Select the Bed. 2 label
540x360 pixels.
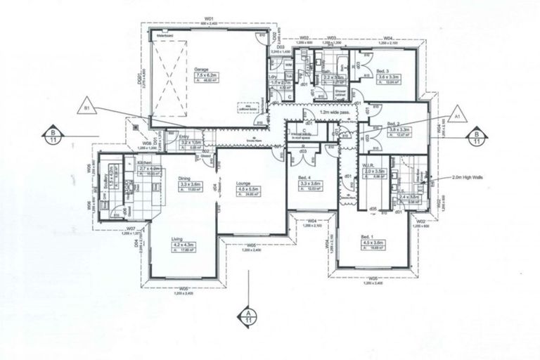[394, 124]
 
